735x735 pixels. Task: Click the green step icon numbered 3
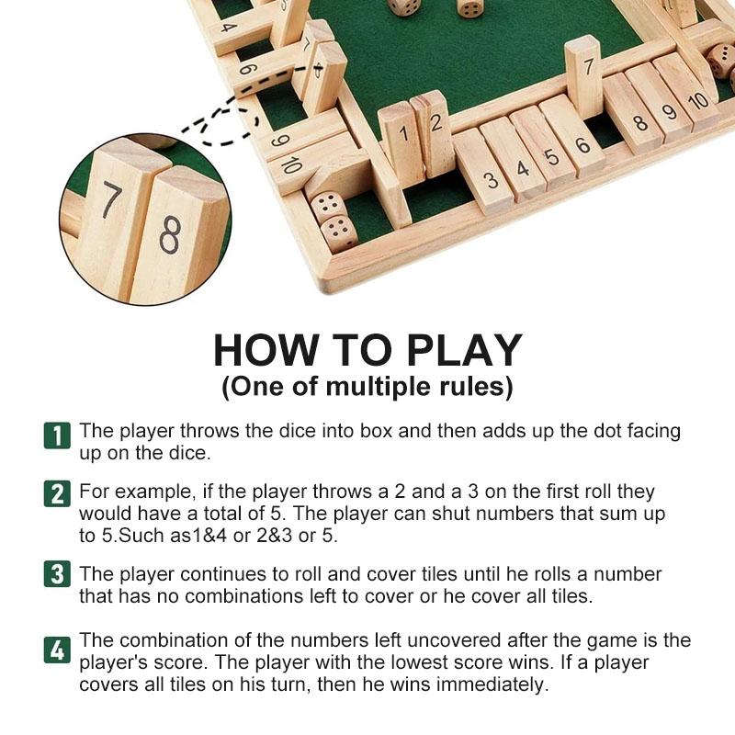[x=57, y=576]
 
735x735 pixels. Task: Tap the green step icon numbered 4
[x=57, y=650]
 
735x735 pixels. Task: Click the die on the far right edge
[x=721, y=60]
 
